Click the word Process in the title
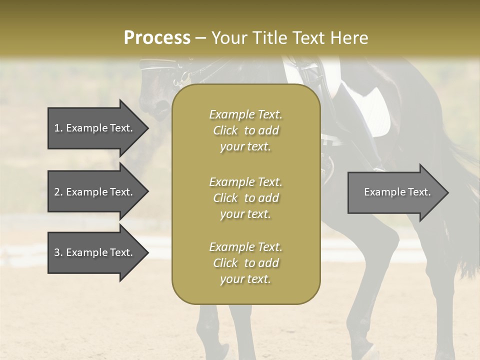click(x=157, y=38)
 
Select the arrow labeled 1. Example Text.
click(x=94, y=128)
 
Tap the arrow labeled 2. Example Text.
click(x=94, y=192)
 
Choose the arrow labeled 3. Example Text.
click(x=94, y=252)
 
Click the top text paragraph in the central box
click(x=245, y=130)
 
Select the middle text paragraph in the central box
click(x=245, y=198)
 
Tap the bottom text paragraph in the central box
click(x=245, y=263)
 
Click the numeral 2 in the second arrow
click(x=57, y=192)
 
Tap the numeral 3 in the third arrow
click(x=57, y=252)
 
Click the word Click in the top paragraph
click(x=225, y=130)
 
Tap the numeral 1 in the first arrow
click(x=57, y=128)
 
